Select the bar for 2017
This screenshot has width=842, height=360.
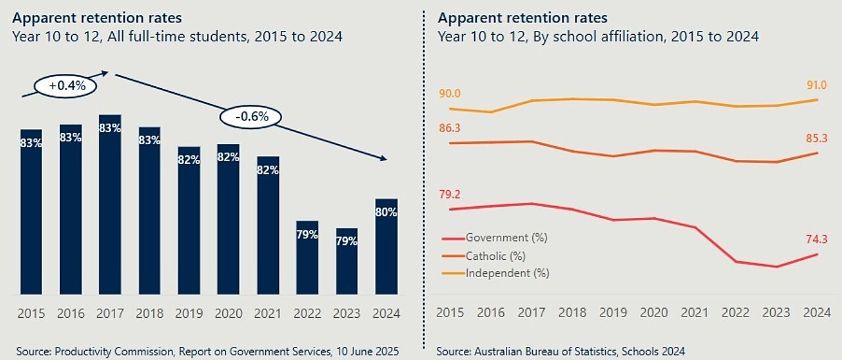[110, 204]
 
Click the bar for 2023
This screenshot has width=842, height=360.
[347, 261]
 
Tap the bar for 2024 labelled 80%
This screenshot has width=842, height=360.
[386, 246]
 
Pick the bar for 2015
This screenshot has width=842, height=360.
[31, 211]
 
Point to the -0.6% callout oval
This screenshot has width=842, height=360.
[250, 117]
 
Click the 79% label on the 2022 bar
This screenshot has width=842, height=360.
[307, 234]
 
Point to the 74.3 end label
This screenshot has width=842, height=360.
[816, 240]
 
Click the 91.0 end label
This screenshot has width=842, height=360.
[816, 86]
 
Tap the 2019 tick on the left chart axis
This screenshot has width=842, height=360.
[189, 313]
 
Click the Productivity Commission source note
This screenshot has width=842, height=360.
[208, 351]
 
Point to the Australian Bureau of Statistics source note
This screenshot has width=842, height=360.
[560, 351]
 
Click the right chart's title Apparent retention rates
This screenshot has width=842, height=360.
[522, 18]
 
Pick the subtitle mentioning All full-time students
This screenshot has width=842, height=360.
[177, 36]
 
